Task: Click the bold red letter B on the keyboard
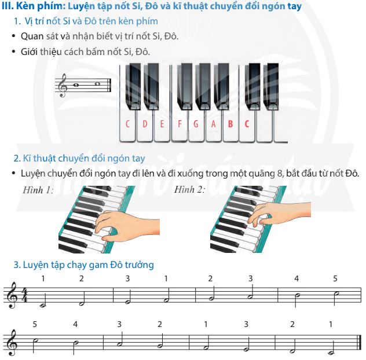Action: (x=230, y=124)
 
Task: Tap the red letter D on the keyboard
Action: (x=145, y=124)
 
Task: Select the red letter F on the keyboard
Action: (x=180, y=124)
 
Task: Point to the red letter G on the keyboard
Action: (x=196, y=124)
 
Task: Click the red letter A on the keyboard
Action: (x=213, y=124)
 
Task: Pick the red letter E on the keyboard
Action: (x=162, y=124)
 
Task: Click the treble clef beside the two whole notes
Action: (x=63, y=86)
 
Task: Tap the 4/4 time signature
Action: (x=24, y=295)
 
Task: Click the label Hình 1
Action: (x=38, y=190)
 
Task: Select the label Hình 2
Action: (x=189, y=189)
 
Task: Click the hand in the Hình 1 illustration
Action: (x=126, y=225)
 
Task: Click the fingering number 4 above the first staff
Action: (x=297, y=278)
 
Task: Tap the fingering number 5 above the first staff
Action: (x=335, y=278)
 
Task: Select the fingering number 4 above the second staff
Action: (x=75, y=324)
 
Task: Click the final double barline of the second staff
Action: (x=361, y=343)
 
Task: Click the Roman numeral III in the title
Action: (x=8, y=6)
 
